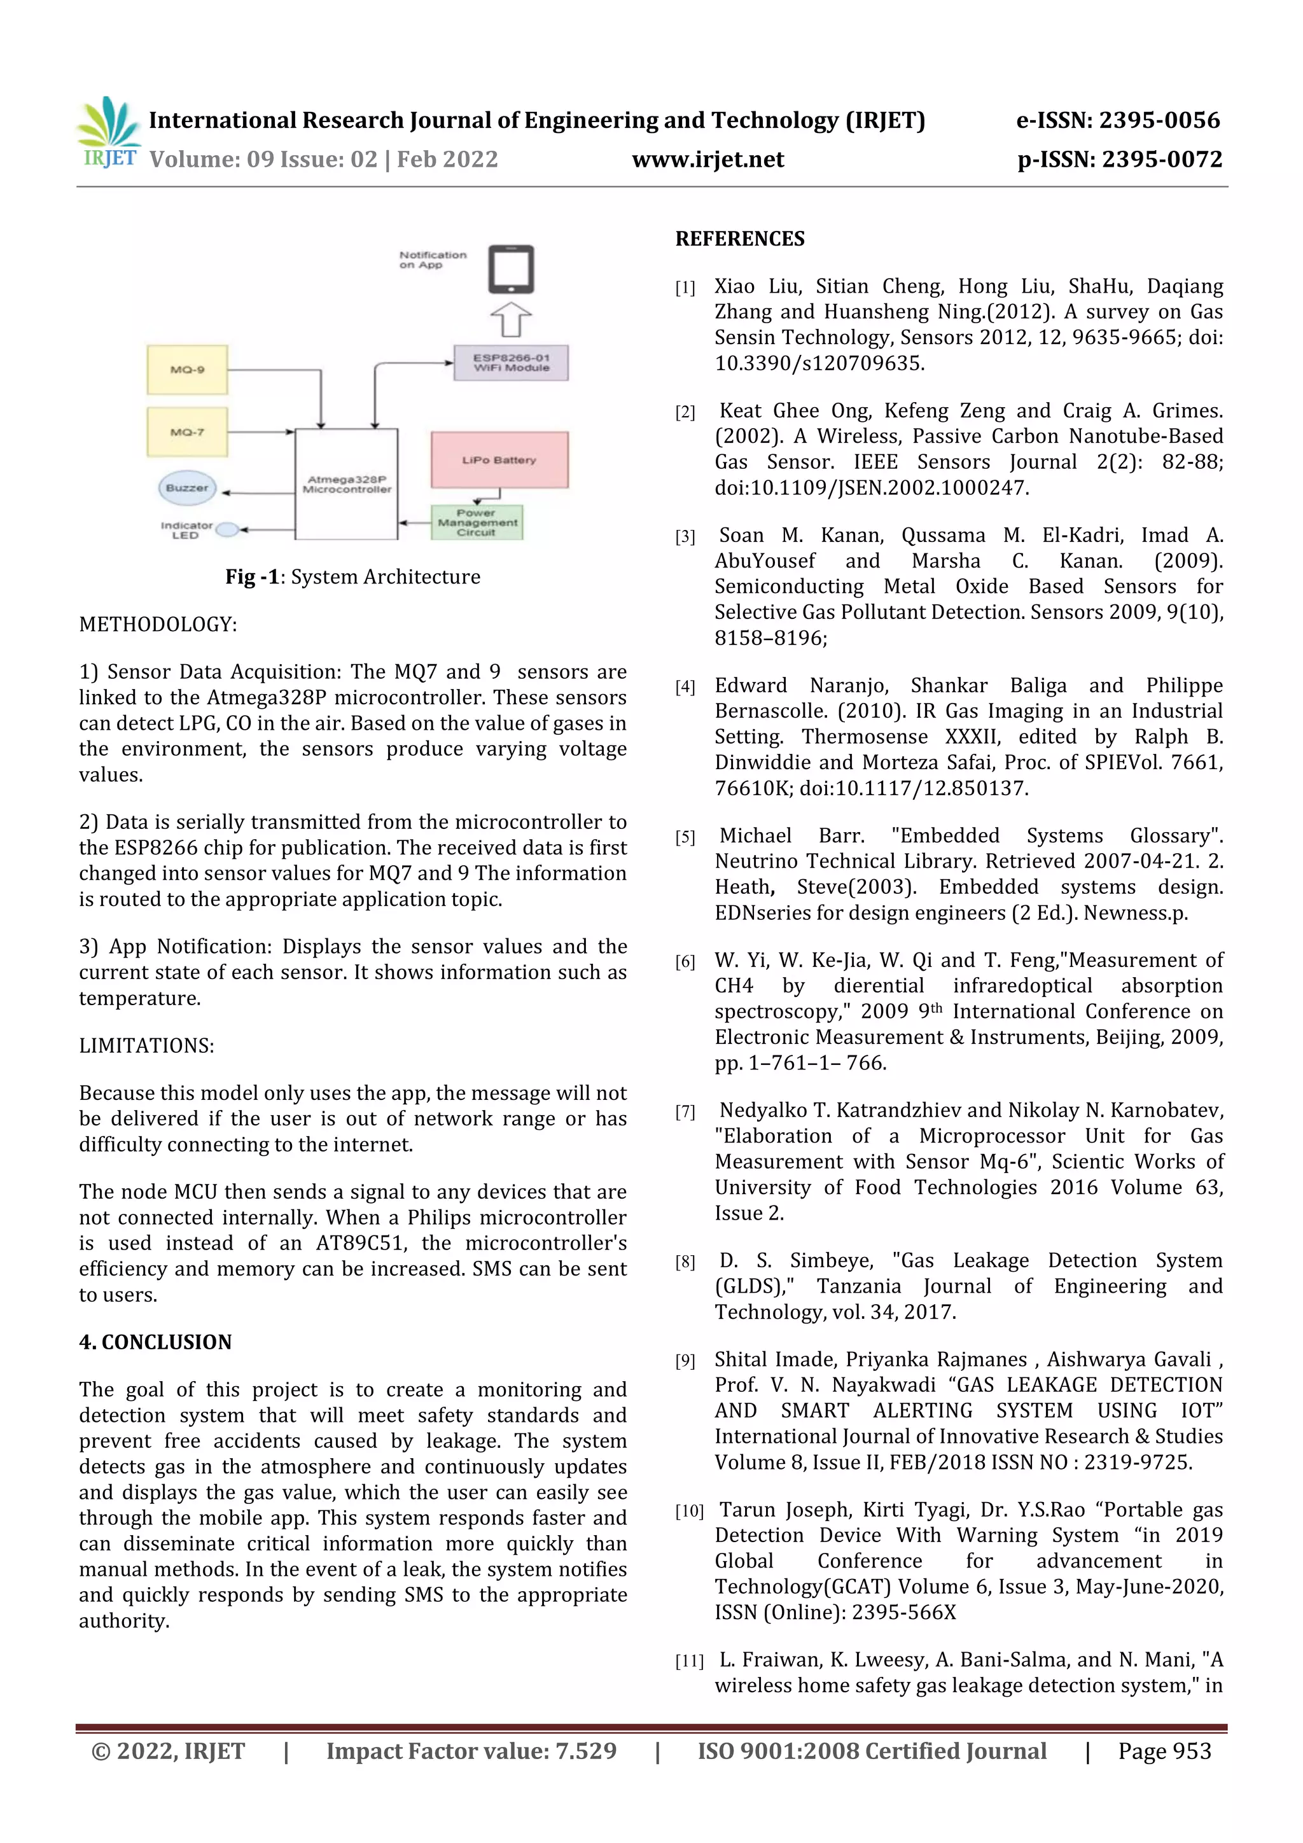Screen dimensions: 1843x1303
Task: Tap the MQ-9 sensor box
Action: click(187, 369)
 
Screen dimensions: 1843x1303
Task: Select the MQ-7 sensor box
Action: click(187, 432)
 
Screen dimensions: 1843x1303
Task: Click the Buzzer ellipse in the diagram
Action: click(186, 488)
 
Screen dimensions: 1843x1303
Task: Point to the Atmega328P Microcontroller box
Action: click(347, 484)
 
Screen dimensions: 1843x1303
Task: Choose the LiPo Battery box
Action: click(499, 460)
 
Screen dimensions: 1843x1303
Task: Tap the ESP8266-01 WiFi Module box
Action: click(511, 363)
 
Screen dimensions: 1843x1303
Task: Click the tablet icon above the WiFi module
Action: click(511, 269)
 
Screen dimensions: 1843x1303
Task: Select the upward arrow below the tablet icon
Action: click(511, 319)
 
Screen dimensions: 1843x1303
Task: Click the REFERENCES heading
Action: click(739, 239)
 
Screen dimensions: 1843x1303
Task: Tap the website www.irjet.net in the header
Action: click(707, 160)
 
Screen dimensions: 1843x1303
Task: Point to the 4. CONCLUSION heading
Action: click(155, 1342)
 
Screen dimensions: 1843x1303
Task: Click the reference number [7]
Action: click(685, 1112)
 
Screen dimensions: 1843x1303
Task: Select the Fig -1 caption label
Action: click(251, 577)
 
